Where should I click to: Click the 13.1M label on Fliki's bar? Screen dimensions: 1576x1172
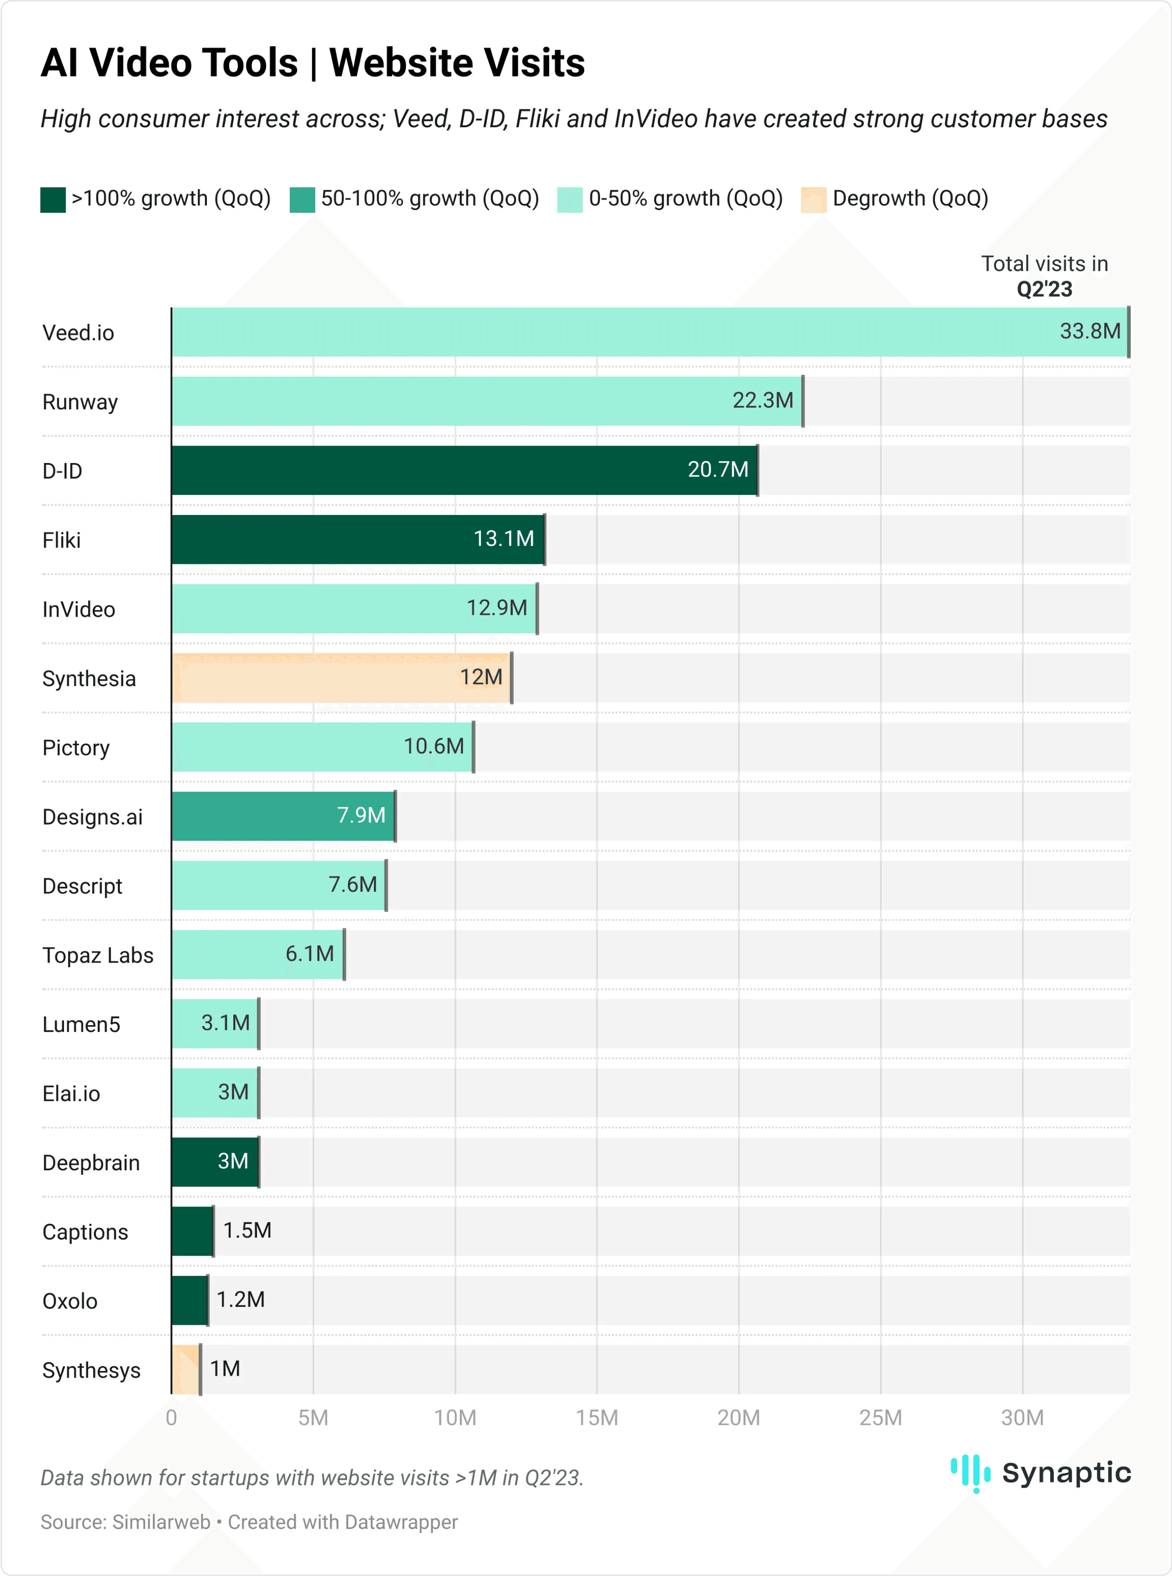tap(504, 539)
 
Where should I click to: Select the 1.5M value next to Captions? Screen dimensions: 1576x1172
tap(247, 1231)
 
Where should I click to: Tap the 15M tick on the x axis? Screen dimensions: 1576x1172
tap(597, 1418)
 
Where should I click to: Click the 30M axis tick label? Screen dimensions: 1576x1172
tap(1022, 1418)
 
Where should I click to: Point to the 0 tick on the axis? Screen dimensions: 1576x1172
tap(172, 1418)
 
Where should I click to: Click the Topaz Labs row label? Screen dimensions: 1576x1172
tap(98, 955)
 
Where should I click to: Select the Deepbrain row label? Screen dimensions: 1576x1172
tap(91, 1163)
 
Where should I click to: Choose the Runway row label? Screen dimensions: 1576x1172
tap(80, 402)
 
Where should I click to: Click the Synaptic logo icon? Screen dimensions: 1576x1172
tap(970, 1473)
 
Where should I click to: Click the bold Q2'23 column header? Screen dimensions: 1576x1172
tap(1044, 289)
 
